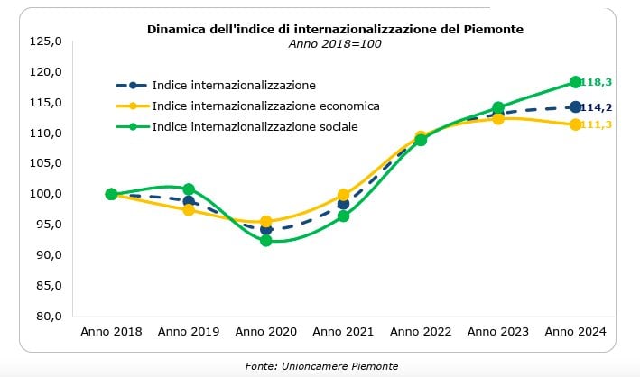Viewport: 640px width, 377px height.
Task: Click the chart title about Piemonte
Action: tap(335, 29)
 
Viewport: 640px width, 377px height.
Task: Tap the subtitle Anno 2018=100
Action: tap(335, 43)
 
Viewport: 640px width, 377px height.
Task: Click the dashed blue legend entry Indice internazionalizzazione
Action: tap(234, 85)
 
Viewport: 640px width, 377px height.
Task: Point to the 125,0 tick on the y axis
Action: tap(45, 41)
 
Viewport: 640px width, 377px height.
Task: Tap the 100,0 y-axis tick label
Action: tap(45, 194)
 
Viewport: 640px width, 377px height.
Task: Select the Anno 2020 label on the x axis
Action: tap(265, 332)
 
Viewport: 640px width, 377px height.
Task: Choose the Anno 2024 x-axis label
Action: tap(575, 332)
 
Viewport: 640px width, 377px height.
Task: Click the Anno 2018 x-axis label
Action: tap(111, 332)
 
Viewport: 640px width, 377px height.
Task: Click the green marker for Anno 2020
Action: tap(266, 241)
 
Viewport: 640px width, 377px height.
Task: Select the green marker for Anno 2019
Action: tap(189, 189)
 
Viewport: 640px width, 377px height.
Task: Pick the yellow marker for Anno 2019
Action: tap(189, 210)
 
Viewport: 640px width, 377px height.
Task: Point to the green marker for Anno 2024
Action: tap(575, 82)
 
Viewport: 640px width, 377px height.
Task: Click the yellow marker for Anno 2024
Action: tap(575, 124)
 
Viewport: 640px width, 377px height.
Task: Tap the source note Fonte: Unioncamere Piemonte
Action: tap(320, 365)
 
